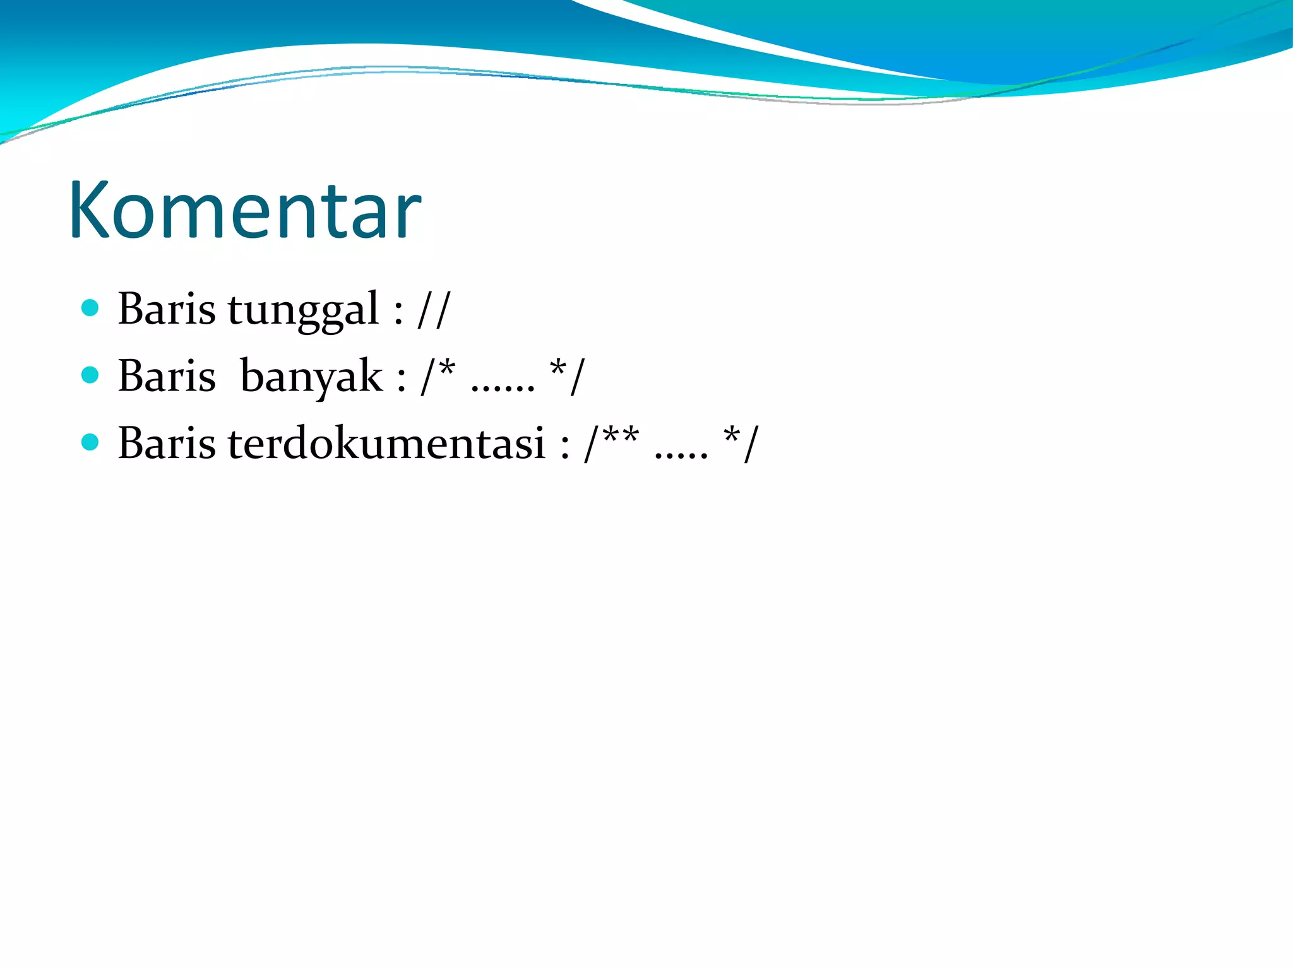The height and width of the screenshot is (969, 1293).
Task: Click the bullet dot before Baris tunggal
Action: click(91, 308)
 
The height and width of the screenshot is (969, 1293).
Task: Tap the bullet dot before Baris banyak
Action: click(91, 375)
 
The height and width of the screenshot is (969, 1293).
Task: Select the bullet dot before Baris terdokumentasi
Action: click(91, 442)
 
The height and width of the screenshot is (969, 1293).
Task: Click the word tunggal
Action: click(303, 310)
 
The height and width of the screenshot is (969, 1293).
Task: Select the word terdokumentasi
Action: click(386, 443)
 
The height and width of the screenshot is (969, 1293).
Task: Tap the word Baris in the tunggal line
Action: click(167, 309)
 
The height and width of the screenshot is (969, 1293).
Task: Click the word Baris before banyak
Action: click(167, 377)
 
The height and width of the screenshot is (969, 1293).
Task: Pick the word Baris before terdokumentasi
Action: click(167, 443)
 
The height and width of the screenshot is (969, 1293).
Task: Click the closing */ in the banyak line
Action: click(568, 375)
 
